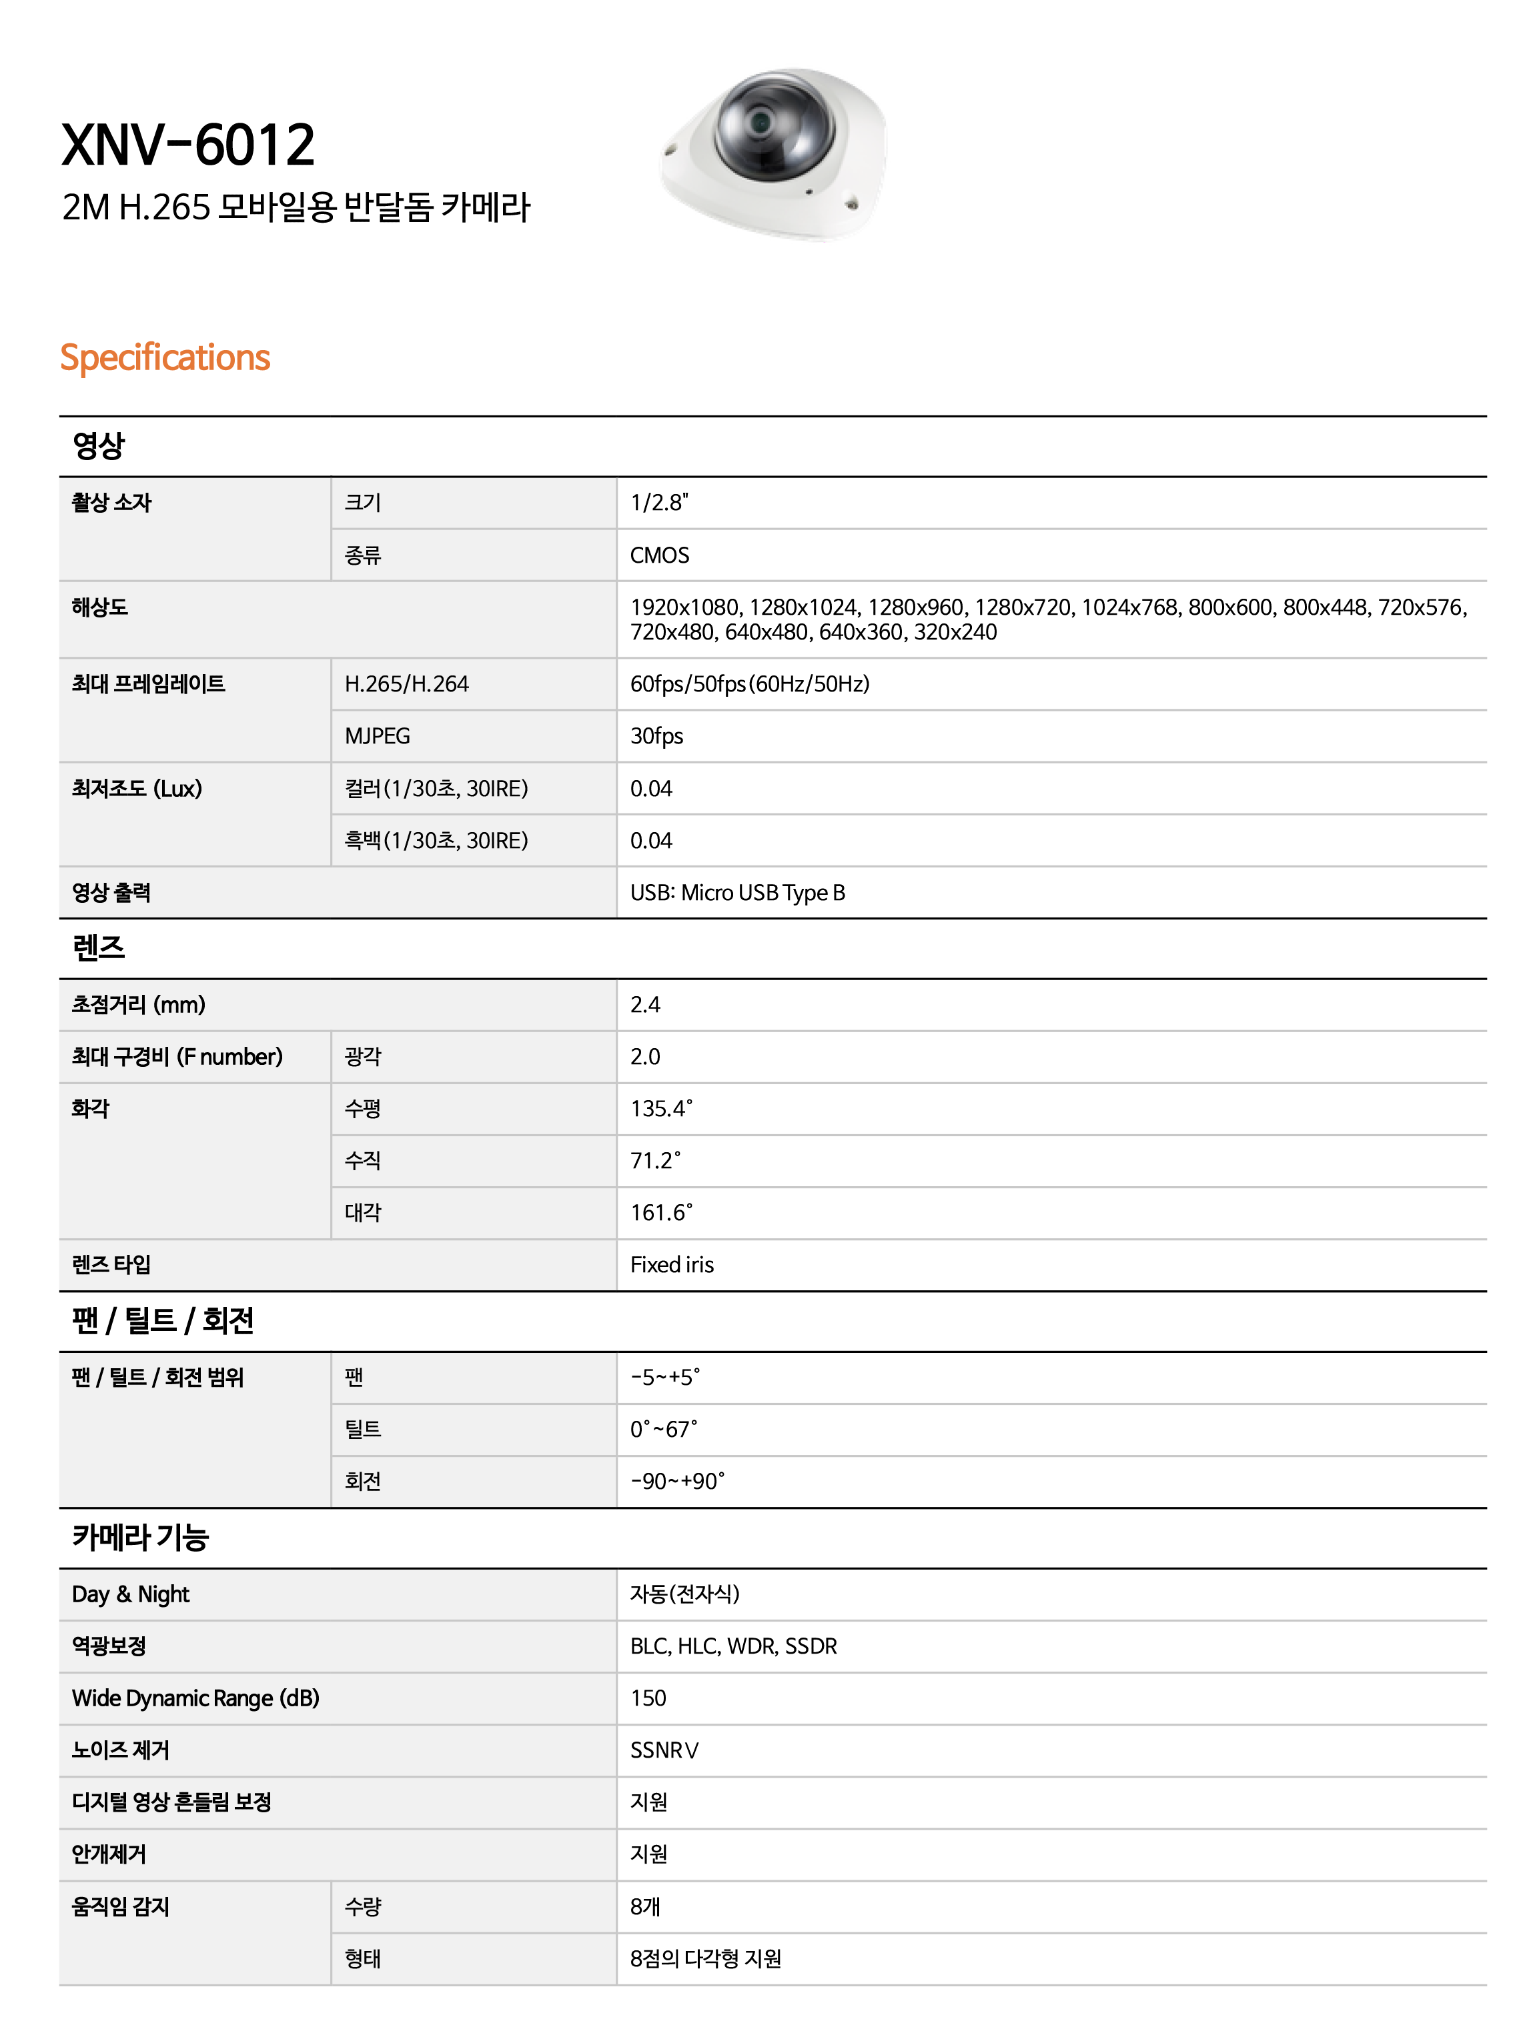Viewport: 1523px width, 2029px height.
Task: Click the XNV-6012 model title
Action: (188, 145)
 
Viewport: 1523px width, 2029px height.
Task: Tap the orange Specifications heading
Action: (165, 357)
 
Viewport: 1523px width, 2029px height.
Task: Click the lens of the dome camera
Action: (760, 121)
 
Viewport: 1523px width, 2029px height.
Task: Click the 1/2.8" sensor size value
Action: (658, 503)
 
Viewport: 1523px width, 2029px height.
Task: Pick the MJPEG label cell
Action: (377, 735)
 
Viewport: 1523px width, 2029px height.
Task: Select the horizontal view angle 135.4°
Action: (660, 1108)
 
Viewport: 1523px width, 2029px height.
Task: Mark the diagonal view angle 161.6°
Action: (660, 1213)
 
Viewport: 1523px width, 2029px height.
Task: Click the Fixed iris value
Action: (672, 1265)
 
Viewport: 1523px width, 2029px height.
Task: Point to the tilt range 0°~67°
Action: (662, 1429)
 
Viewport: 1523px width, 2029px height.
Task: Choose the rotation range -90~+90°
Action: (676, 1482)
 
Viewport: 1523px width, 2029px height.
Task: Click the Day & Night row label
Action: (130, 1594)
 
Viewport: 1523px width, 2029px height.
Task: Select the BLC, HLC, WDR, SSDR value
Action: (733, 1646)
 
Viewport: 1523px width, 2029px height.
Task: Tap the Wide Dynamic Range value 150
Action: (648, 1698)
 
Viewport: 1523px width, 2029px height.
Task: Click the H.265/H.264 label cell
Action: (406, 683)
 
